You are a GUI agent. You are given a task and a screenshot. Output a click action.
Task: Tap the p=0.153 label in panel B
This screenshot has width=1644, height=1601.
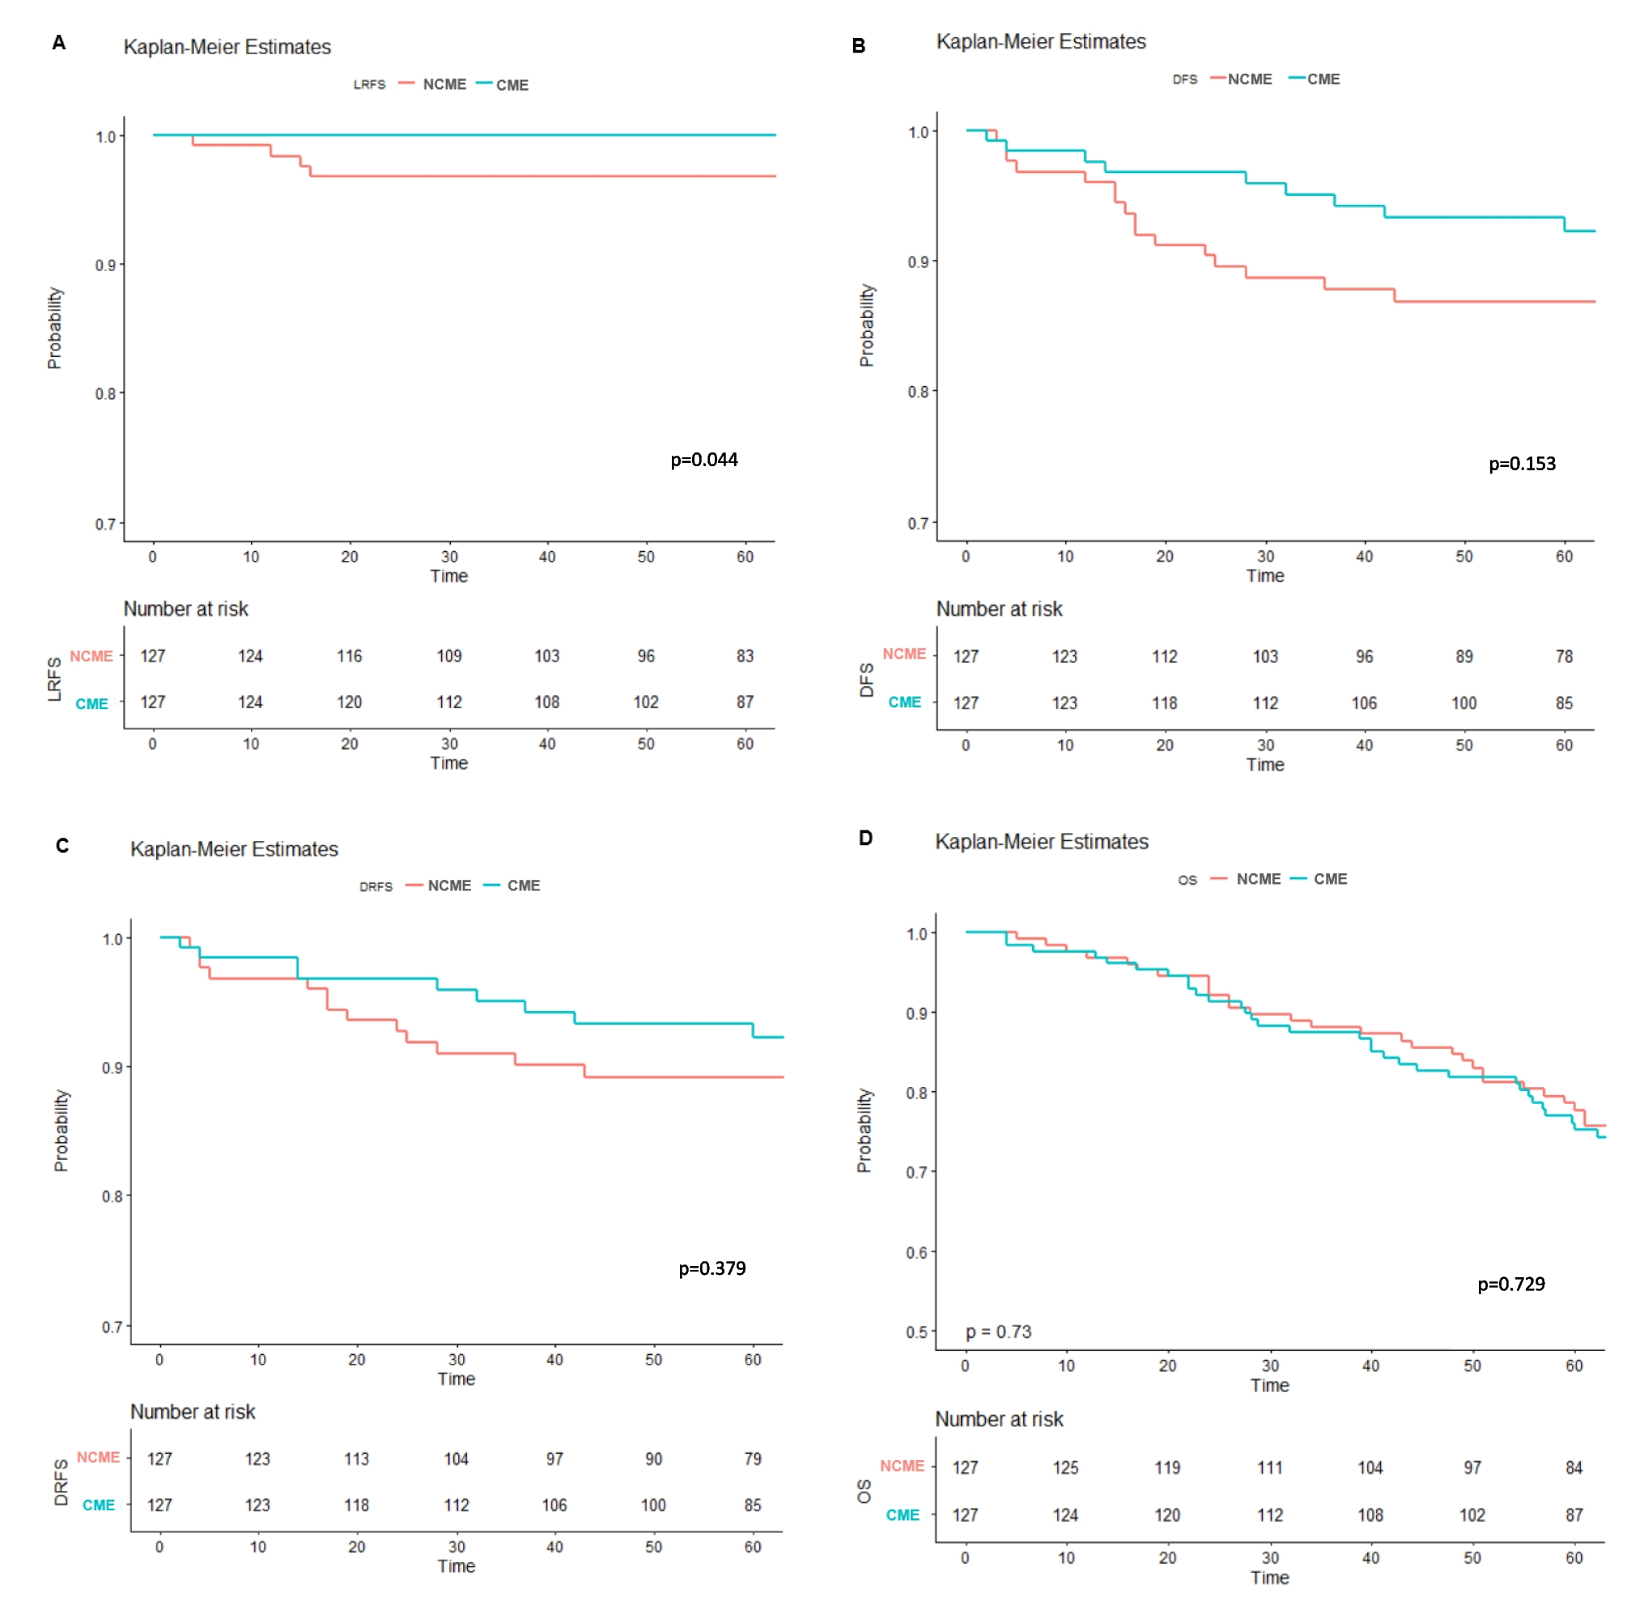(x=1521, y=464)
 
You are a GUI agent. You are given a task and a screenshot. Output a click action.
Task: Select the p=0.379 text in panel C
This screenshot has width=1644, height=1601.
(x=712, y=1268)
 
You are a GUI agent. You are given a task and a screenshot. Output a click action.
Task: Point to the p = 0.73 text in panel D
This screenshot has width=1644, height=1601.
(x=997, y=1332)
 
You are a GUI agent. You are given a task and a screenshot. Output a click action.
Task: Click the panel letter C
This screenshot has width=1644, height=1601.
(x=62, y=846)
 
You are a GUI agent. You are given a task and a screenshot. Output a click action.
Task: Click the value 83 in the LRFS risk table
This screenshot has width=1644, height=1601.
(x=744, y=656)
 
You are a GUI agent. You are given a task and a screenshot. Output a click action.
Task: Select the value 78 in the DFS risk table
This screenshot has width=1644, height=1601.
(x=1562, y=656)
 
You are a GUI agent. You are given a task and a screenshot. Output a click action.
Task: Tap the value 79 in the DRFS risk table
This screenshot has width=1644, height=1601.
(x=752, y=1459)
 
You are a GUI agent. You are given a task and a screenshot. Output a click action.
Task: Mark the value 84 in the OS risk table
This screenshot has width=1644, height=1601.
(x=1573, y=1468)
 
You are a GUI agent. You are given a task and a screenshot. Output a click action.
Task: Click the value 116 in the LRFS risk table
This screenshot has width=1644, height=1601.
(x=349, y=656)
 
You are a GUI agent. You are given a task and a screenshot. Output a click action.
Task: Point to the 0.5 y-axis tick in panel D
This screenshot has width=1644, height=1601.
(x=915, y=1332)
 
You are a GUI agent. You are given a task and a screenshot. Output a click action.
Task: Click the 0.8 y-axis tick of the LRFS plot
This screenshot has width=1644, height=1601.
(x=105, y=393)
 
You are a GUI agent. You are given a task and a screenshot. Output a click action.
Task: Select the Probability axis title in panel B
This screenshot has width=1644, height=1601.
(x=866, y=325)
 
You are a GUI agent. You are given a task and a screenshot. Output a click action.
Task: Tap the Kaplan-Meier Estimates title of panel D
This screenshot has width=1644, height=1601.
(x=1041, y=842)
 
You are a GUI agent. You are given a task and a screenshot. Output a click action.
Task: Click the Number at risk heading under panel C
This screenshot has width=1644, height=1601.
(x=193, y=1412)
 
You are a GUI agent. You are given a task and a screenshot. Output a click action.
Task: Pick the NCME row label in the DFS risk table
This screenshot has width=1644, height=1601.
(x=903, y=654)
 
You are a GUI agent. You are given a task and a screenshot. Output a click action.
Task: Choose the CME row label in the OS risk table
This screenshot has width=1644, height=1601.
(x=902, y=1515)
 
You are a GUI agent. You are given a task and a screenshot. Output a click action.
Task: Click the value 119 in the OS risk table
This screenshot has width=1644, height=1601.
(x=1166, y=1468)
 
